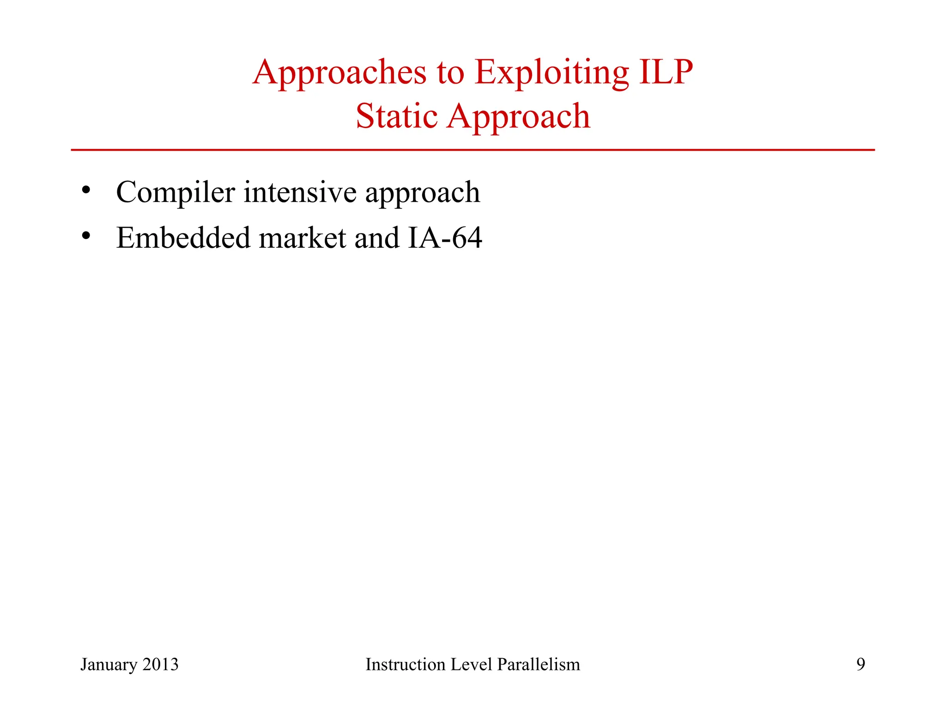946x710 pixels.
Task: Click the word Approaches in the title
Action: (339, 73)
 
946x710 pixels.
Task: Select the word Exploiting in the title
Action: (552, 73)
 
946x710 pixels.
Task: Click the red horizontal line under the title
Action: (473, 150)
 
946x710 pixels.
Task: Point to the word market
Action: (302, 238)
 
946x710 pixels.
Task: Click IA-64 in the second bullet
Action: (445, 238)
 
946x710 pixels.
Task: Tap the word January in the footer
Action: (109, 665)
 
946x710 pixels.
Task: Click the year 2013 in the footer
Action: (160, 664)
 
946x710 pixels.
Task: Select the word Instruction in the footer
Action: (405, 664)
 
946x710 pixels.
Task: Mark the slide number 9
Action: (861, 664)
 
